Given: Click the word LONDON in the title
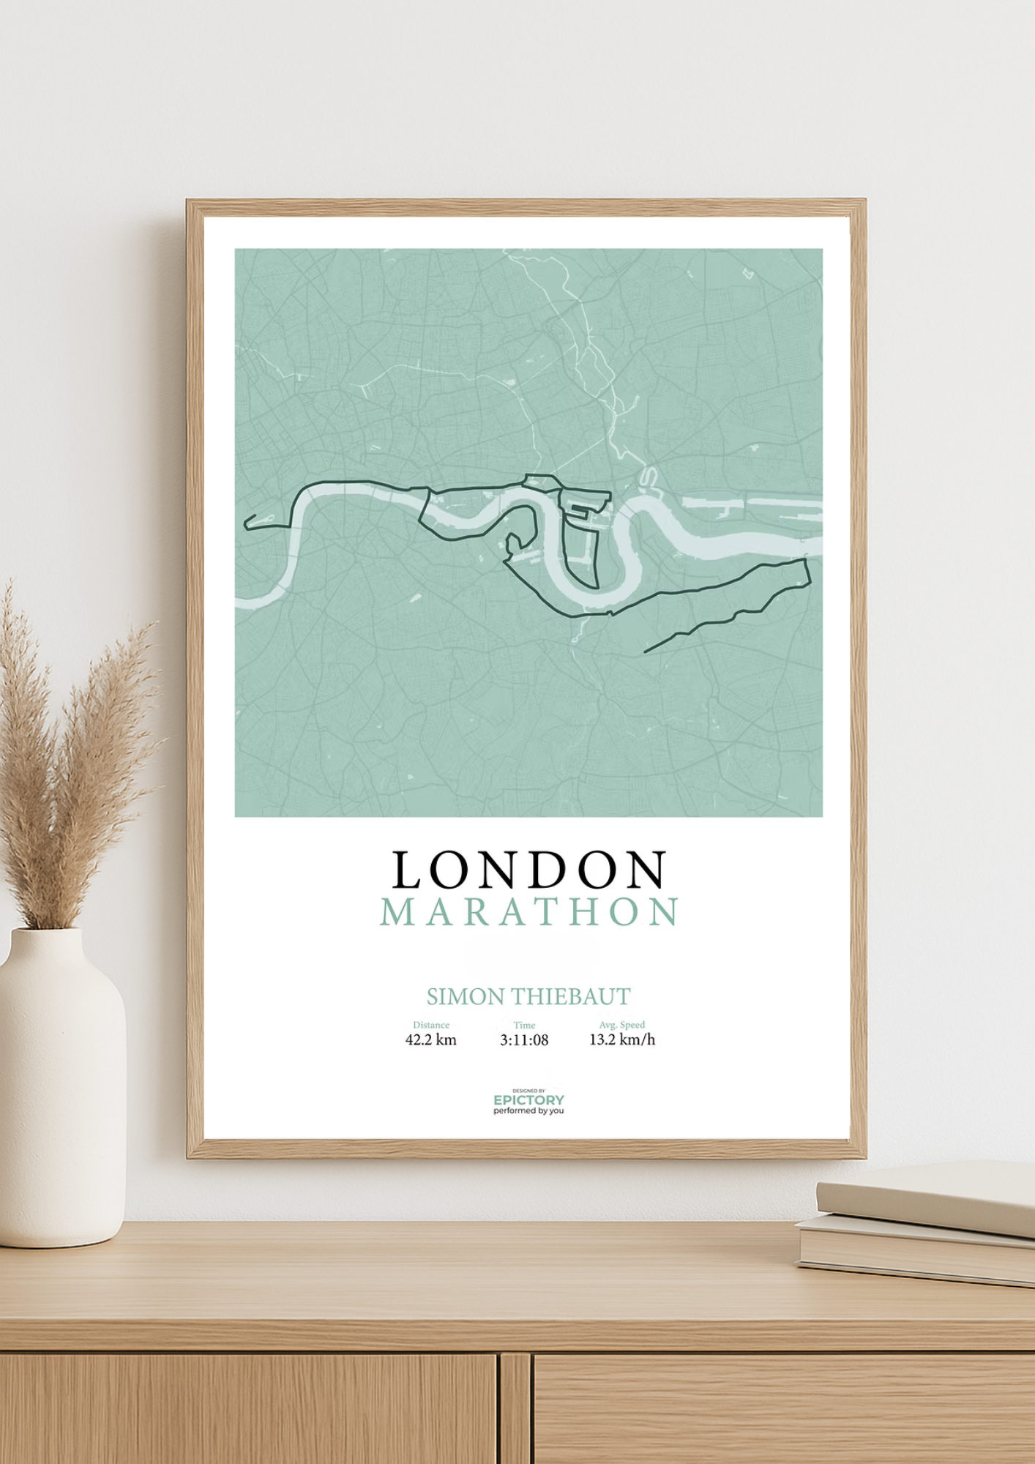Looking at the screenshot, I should (x=528, y=870).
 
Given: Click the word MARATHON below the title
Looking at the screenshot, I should (x=528, y=912).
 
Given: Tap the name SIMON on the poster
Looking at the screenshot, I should (x=465, y=996).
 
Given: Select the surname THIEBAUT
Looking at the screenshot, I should (x=569, y=996).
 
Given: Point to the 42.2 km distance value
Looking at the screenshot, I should (x=430, y=1040).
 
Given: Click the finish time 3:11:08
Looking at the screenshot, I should (x=524, y=1040).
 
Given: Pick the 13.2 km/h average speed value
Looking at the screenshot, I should (x=622, y=1040).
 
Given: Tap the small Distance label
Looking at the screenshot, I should (x=431, y=1025).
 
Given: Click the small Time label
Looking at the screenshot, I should (x=524, y=1025).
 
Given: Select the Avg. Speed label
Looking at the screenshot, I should (x=622, y=1025).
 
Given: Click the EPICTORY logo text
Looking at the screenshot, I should (x=528, y=1100).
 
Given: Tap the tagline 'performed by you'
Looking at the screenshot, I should (x=528, y=1111).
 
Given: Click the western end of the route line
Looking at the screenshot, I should (x=245, y=523).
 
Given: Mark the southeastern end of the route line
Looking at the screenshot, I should (x=646, y=651).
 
